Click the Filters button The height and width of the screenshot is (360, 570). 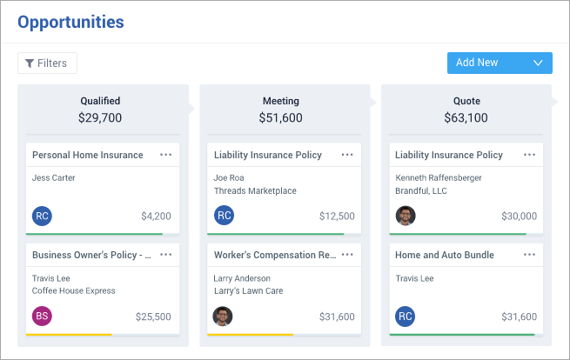tap(47, 63)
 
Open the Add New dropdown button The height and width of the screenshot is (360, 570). tap(500, 63)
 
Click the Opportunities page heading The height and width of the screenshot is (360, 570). tap(70, 22)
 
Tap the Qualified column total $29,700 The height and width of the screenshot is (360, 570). tap(100, 117)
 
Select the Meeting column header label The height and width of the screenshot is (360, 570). tap(281, 101)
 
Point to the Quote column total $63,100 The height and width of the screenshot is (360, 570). tap(466, 117)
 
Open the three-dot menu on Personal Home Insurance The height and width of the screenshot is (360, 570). tap(165, 155)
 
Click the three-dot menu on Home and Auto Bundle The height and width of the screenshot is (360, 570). tap(529, 255)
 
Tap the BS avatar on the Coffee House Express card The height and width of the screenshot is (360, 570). tap(42, 316)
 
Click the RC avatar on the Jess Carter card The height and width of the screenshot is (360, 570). tap(42, 217)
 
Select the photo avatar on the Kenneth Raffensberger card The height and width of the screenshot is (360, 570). tap(406, 216)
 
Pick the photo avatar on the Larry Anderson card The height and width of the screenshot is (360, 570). tap(223, 316)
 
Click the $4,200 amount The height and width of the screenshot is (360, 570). tap(156, 217)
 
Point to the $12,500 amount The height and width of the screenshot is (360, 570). tap(337, 217)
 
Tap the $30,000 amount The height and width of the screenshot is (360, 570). tap(520, 217)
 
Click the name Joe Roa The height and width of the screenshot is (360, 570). tap(229, 177)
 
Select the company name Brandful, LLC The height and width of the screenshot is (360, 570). tap(421, 190)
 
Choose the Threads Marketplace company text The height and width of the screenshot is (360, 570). tap(255, 190)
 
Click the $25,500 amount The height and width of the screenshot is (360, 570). tap(153, 317)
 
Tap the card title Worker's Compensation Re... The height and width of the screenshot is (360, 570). tap(275, 255)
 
